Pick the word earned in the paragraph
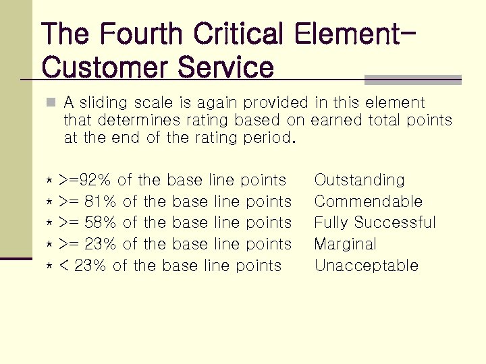(337, 121)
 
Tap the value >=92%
(85, 180)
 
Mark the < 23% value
(83, 266)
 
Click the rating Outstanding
(360, 180)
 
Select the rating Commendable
(369, 202)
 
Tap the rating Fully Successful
(375, 222)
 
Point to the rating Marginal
(346, 244)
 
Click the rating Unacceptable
(367, 266)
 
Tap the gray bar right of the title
(412, 80)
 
